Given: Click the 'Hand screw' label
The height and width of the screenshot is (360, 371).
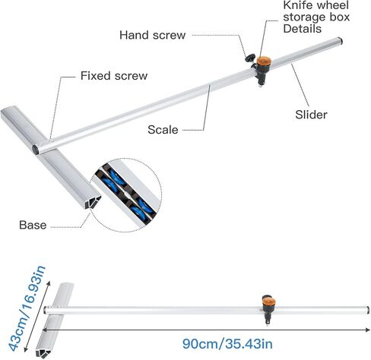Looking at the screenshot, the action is pyautogui.click(x=153, y=35).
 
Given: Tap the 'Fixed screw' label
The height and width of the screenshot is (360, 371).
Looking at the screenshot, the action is pyautogui.click(x=114, y=76).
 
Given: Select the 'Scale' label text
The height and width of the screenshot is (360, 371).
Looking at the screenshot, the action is pyautogui.click(x=163, y=130).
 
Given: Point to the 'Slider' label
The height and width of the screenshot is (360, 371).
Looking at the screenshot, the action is pyautogui.click(x=311, y=115).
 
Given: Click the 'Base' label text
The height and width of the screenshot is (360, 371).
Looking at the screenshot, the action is pyautogui.click(x=33, y=225).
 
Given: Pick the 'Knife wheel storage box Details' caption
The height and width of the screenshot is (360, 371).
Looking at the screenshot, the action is pyautogui.click(x=316, y=17).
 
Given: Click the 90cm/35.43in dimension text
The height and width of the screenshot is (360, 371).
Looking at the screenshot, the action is pyautogui.click(x=227, y=344).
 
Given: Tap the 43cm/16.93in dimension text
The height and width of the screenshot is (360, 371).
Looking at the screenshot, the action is pyautogui.click(x=27, y=308).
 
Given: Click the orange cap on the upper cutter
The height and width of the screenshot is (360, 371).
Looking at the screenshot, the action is pyautogui.click(x=264, y=61).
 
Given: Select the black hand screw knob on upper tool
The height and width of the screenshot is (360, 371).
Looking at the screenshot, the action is pyautogui.click(x=249, y=58).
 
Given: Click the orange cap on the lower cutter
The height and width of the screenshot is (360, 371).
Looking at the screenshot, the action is pyautogui.click(x=269, y=302).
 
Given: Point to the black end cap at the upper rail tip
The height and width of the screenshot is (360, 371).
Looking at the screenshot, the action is pyautogui.click(x=341, y=40).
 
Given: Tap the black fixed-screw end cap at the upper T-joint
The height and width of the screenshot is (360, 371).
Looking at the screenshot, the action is pyautogui.click(x=35, y=150).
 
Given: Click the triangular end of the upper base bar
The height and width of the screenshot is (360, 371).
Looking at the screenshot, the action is pyautogui.click(x=94, y=202).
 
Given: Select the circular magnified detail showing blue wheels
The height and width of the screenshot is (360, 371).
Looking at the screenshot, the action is pyautogui.click(x=126, y=195).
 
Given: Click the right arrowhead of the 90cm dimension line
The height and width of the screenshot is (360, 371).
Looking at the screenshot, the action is pyautogui.click(x=367, y=330).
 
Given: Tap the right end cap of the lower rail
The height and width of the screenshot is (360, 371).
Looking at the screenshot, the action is pyautogui.click(x=367, y=311).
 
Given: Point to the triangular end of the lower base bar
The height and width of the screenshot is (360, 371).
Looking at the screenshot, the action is pyautogui.click(x=43, y=352).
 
